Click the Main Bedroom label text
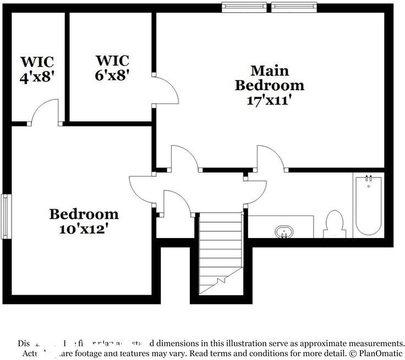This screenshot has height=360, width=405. tap(269, 78)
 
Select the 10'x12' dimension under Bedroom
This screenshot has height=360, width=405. tap(84, 229)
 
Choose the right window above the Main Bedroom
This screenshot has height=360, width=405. tap(294, 6)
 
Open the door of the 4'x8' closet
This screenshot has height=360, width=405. tap(44, 113)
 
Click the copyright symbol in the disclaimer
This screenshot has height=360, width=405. tap(349, 353)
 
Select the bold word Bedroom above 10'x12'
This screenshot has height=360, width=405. tap(84, 214)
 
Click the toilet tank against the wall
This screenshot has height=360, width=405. tap(334, 234)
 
